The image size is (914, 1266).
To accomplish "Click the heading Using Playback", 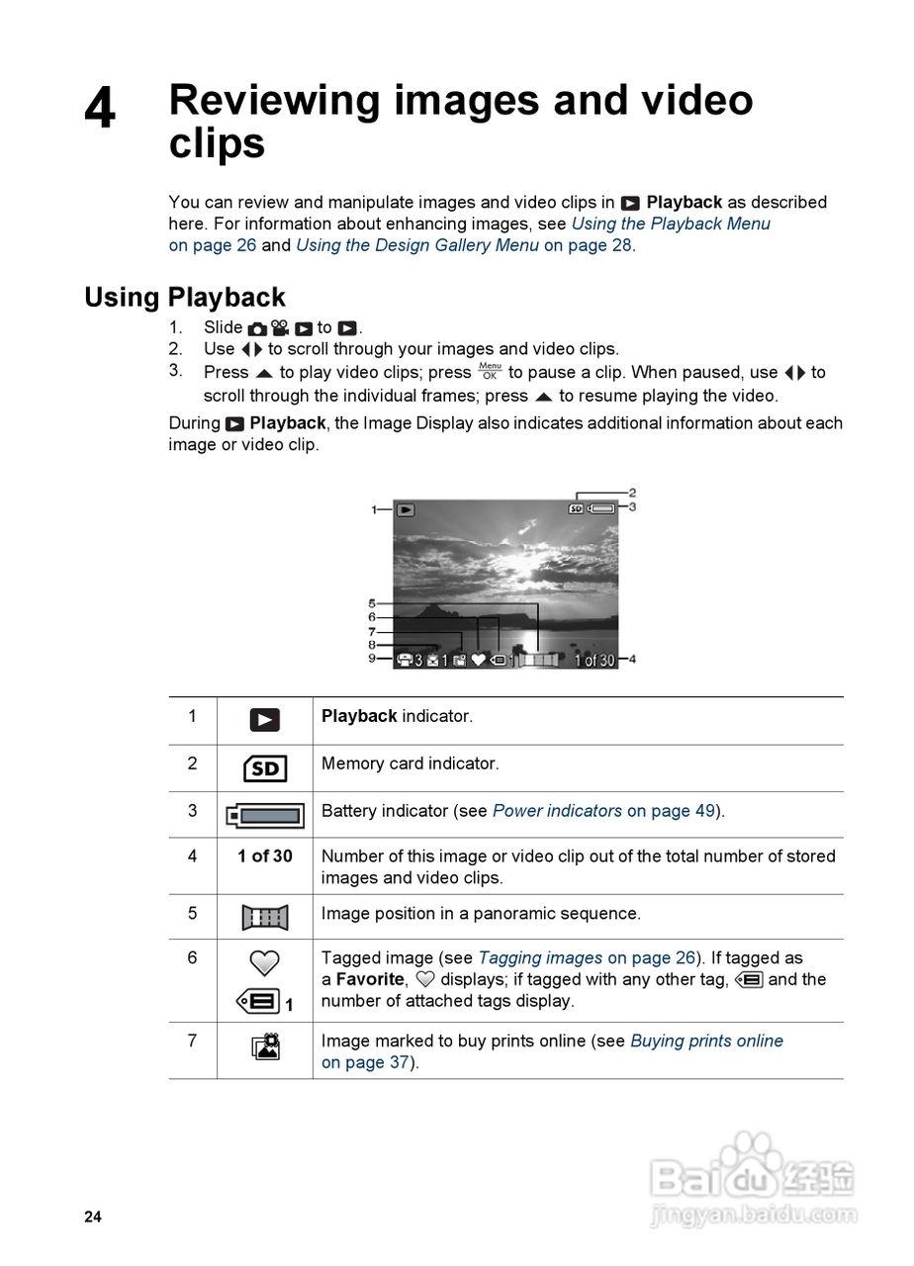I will [x=184, y=297].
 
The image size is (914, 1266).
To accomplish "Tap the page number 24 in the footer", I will [x=92, y=1218].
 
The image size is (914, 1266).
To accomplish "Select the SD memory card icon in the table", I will [x=264, y=769].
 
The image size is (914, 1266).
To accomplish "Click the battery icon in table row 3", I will [x=264, y=816].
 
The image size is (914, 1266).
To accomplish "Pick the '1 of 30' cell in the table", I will [x=264, y=857].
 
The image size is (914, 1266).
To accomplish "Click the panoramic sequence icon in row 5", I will [x=264, y=917].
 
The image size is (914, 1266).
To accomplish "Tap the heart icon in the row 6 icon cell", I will [x=264, y=962].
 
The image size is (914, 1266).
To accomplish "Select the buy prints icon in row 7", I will [x=264, y=1045].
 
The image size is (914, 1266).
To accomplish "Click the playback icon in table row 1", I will [x=264, y=720].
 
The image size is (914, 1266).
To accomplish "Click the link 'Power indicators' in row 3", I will [x=557, y=811].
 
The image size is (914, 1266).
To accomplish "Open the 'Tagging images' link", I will [x=540, y=957].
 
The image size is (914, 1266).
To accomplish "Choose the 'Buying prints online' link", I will [x=706, y=1040].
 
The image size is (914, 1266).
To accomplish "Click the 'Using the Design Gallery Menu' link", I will [x=416, y=245].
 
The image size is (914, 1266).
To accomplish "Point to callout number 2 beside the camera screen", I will [x=632, y=492].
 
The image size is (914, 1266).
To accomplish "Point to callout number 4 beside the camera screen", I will [x=631, y=660].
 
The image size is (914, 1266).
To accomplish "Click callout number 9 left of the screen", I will [x=372, y=659].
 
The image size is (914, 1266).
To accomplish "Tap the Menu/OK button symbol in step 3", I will [x=490, y=371].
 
